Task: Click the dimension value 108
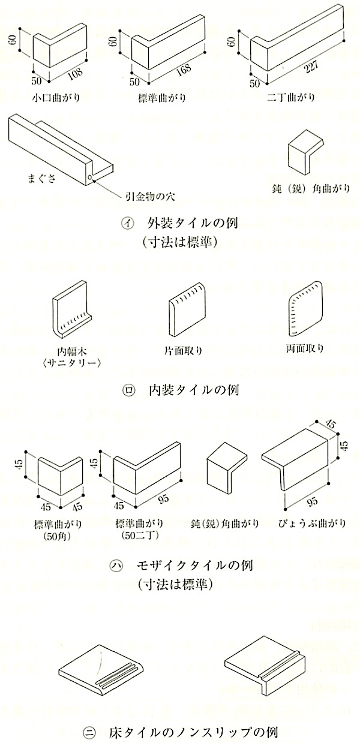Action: coord(76,75)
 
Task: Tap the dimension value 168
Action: coord(184,70)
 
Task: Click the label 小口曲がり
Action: coord(56,98)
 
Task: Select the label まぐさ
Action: coord(42,179)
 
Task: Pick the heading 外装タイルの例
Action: coord(192,223)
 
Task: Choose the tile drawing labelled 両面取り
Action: coord(305,308)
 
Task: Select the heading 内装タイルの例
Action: coord(194,390)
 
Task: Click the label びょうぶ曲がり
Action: coord(312,524)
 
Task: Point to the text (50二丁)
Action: coord(139,536)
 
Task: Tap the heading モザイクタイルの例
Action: coord(194,565)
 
